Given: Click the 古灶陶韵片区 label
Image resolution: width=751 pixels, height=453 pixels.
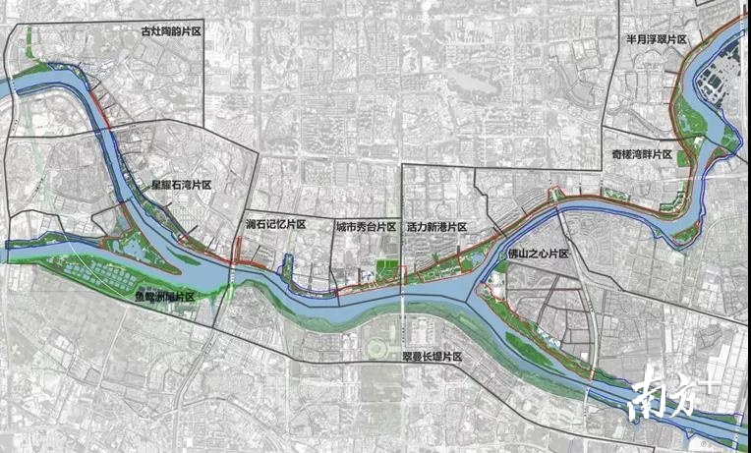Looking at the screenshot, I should tap(170, 32).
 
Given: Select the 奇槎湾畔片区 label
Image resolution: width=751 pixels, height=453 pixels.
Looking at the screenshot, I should tap(639, 155).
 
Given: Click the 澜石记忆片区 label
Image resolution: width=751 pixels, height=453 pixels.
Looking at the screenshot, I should tap(276, 225).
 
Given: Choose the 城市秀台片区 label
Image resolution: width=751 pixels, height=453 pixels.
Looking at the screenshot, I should tap(365, 226).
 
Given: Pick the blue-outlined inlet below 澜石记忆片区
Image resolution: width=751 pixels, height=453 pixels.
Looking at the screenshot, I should tap(287, 267).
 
